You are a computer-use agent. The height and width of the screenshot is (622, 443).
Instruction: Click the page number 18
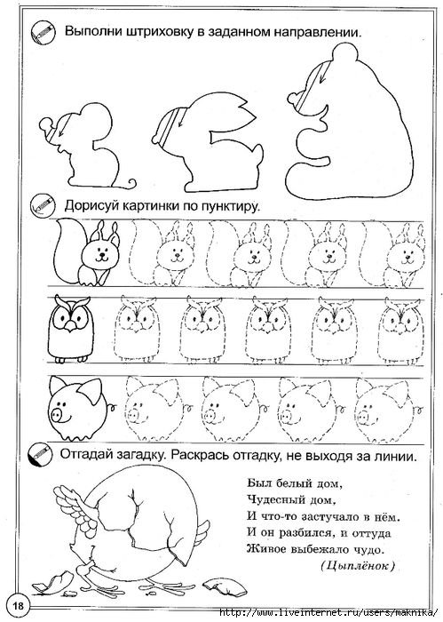[x=19, y=606]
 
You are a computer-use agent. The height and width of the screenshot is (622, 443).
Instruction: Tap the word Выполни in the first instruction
[x=93, y=31]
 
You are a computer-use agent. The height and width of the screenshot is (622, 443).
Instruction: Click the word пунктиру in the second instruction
[x=231, y=206]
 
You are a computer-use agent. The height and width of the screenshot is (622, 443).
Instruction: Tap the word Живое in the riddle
[x=266, y=549]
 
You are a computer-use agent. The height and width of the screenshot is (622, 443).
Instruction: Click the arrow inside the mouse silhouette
[x=66, y=126]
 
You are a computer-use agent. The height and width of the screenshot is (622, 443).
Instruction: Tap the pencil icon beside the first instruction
[x=41, y=33]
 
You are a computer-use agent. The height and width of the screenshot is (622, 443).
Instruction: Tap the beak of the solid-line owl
[x=70, y=326]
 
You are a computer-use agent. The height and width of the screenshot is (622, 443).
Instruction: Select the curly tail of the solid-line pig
[x=112, y=406]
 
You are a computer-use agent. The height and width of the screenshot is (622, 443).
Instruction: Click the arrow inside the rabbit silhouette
[x=182, y=119]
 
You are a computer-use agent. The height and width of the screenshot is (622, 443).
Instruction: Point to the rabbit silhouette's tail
[x=257, y=153]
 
